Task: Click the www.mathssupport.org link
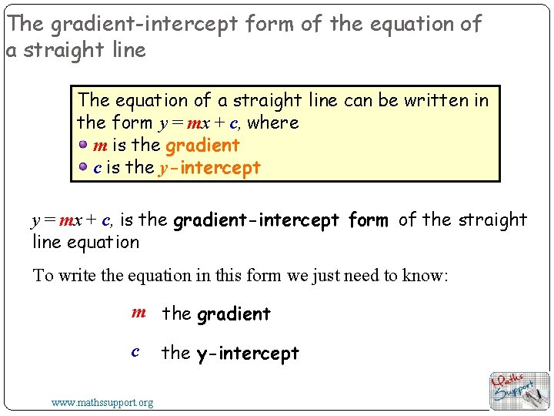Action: click(102, 402)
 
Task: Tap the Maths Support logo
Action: click(519, 390)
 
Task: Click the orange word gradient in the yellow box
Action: click(202, 146)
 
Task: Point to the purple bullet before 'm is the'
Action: click(83, 145)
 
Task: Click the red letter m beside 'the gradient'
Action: click(138, 313)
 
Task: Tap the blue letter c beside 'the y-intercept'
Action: click(135, 352)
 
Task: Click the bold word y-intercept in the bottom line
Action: click(247, 354)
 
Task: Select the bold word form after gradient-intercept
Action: click(368, 221)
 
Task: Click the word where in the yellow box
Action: click(272, 122)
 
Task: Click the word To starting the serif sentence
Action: click(42, 276)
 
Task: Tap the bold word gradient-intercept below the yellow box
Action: click(256, 221)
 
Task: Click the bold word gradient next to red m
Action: click(234, 314)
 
